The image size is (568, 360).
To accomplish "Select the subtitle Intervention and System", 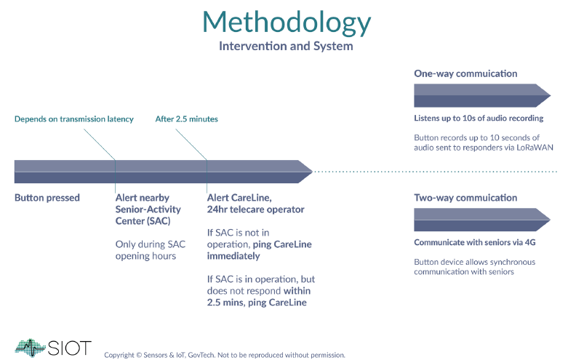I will click(286, 47).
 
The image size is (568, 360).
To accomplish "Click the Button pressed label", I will click(47, 198).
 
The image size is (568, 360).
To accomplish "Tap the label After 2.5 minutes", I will click(186, 119).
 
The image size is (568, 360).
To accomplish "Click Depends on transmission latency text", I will click(74, 119).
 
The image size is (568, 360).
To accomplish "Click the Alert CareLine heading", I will click(255, 204).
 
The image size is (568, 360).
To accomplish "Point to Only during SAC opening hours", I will click(151, 250).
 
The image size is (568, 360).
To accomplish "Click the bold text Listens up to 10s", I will click(479, 118).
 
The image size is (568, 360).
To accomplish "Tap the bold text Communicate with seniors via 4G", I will click(479, 243).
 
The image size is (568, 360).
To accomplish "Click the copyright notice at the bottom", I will click(224, 355).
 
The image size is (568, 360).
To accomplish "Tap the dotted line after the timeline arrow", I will click(436, 172).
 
